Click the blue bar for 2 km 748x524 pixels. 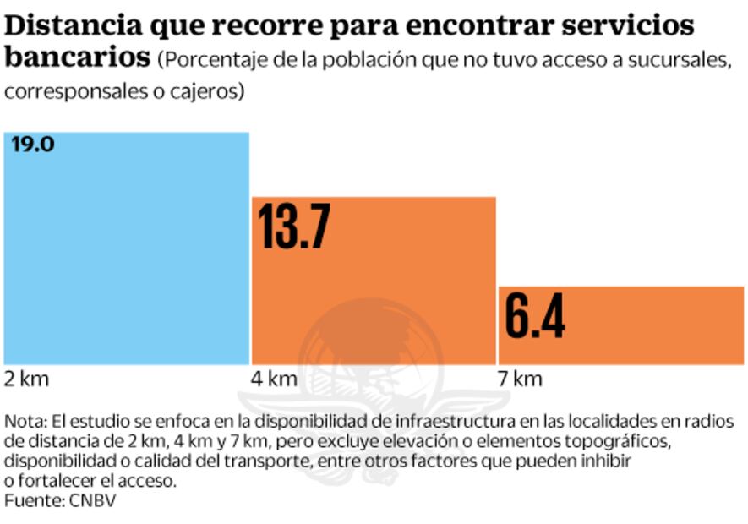click(127, 254)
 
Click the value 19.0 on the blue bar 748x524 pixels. click(33, 145)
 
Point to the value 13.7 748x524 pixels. click(293, 227)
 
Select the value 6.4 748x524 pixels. click(534, 316)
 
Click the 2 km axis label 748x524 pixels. click(27, 379)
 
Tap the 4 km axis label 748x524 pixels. click(274, 379)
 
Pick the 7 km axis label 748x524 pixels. click(520, 379)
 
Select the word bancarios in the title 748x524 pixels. click(76, 58)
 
